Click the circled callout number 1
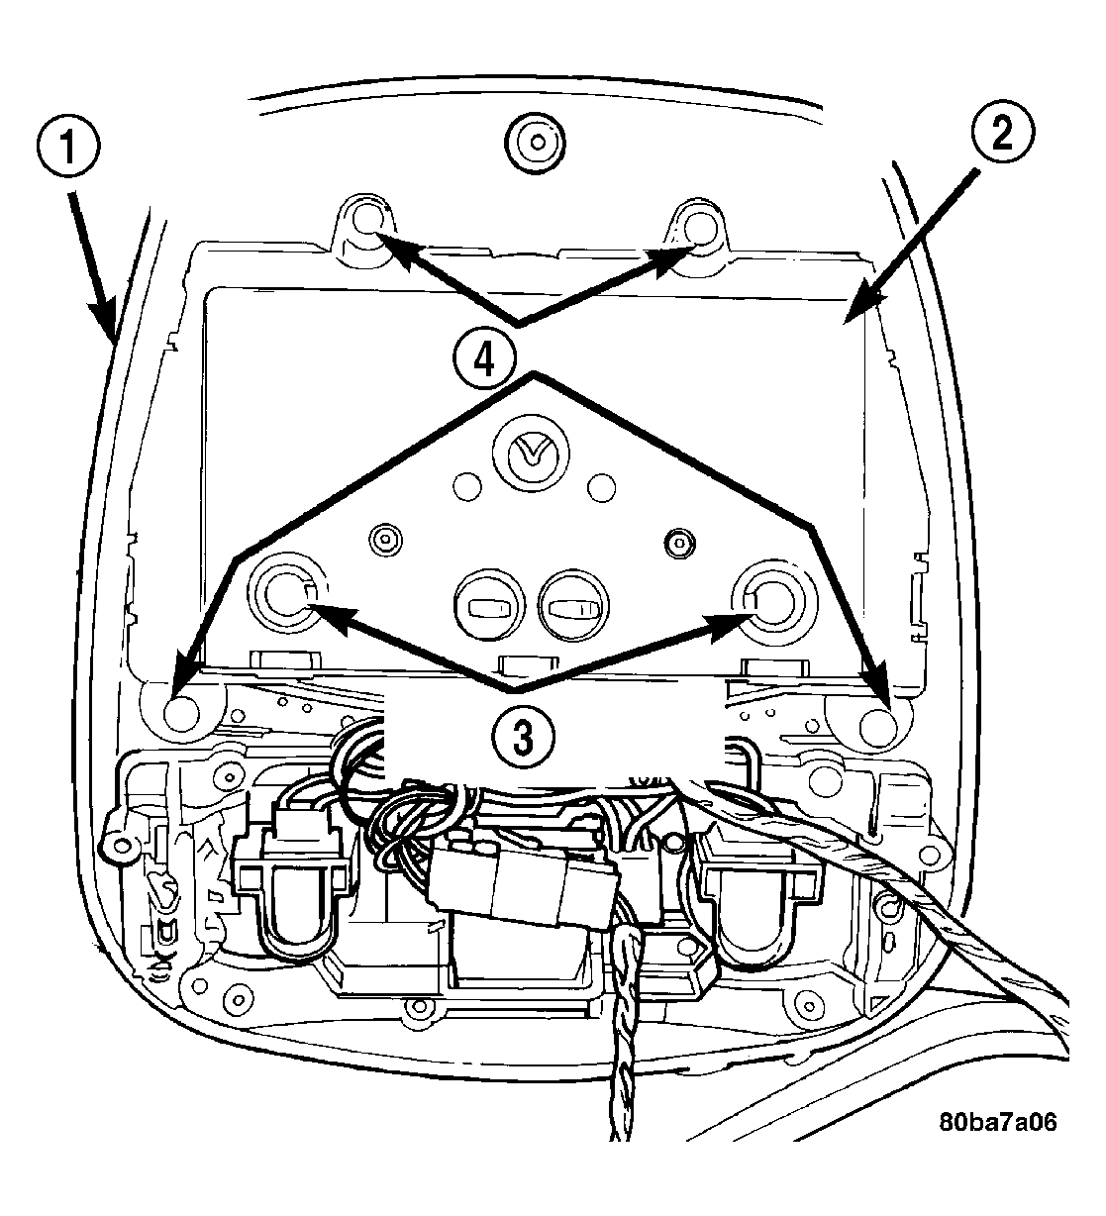pyautogui.click(x=67, y=147)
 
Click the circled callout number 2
pyautogui.click(x=1002, y=133)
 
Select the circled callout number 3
pyautogui.click(x=523, y=738)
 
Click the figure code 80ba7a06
pyautogui.click(x=998, y=1122)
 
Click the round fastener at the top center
pyautogui.click(x=536, y=143)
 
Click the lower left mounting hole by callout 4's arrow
pyautogui.click(x=182, y=713)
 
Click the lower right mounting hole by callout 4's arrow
pyautogui.click(x=878, y=725)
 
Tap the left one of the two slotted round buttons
pyautogui.click(x=489, y=604)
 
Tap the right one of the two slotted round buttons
pyautogui.click(x=573, y=605)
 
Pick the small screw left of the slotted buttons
pyautogui.click(x=385, y=539)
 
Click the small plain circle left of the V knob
pyautogui.click(x=467, y=486)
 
